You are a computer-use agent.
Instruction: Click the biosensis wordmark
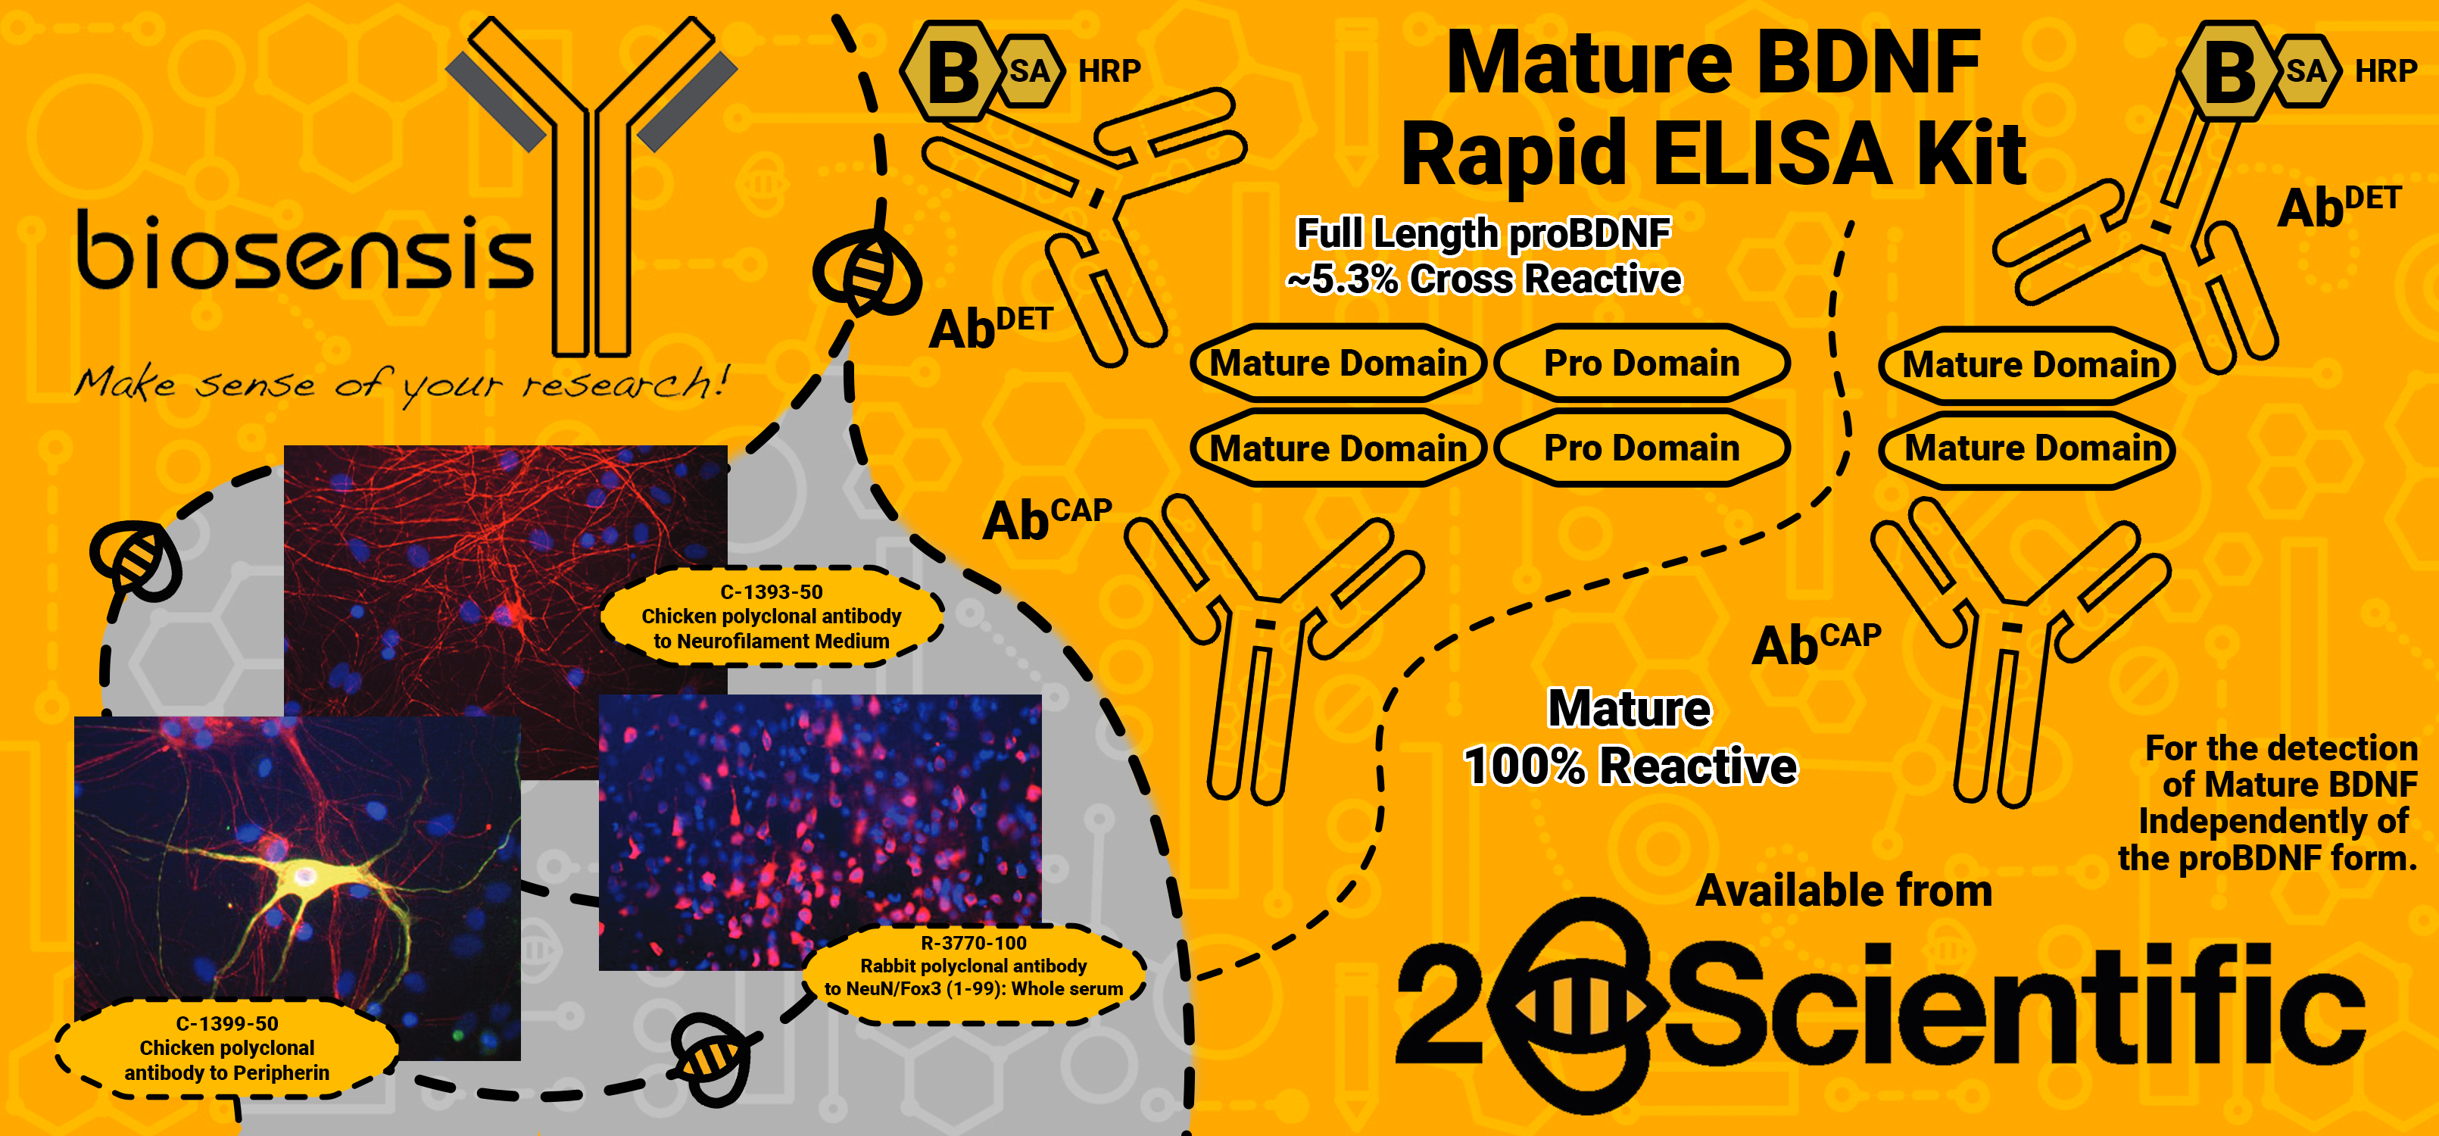pos(305,251)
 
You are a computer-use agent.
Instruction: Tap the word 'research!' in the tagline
pos(625,383)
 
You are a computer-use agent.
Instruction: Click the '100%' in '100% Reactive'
pos(1524,766)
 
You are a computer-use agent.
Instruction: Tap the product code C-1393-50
pos(771,592)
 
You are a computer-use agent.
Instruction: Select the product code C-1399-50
pos(227,1023)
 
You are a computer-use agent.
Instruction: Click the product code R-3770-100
pos(973,943)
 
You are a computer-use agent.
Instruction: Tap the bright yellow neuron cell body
pos(303,872)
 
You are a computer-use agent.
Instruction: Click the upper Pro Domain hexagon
pos(1641,364)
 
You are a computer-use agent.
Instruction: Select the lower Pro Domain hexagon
pos(1641,448)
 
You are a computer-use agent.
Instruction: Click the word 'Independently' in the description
pos(2272,822)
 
